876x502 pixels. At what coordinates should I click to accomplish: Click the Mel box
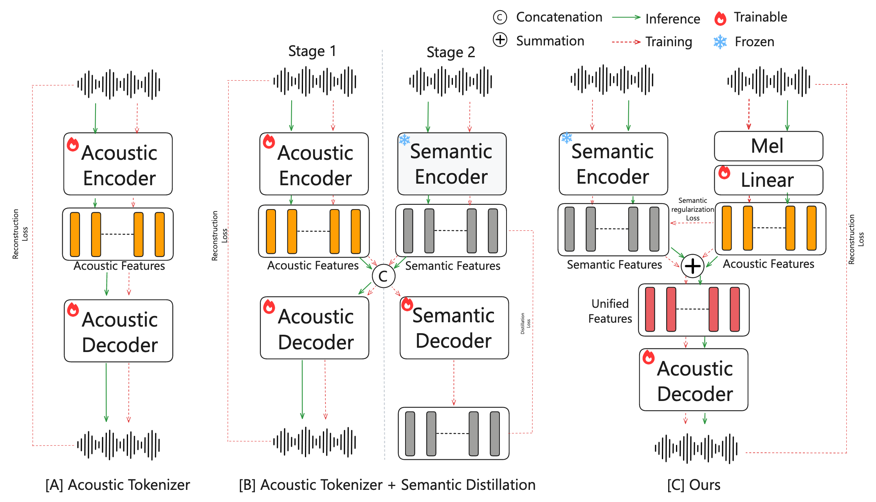[x=768, y=146]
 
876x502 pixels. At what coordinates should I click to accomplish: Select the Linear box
[x=768, y=180]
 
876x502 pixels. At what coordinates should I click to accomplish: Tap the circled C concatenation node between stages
[x=383, y=276]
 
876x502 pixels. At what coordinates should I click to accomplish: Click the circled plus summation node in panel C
[x=692, y=266]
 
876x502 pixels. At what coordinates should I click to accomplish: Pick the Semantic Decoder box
[x=454, y=328]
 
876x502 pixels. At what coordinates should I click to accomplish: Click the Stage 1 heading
[x=312, y=51]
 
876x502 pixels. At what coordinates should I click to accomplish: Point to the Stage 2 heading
[x=451, y=52]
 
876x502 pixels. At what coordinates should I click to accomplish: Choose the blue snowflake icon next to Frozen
[x=720, y=42]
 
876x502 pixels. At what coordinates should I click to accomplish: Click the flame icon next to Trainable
[x=720, y=18]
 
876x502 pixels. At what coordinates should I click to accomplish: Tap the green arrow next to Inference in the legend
[x=626, y=18]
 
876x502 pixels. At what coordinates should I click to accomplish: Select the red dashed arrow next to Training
[x=626, y=42]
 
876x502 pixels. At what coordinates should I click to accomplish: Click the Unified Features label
[x=610, y=311]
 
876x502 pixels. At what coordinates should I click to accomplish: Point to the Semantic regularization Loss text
[x=692, y=209]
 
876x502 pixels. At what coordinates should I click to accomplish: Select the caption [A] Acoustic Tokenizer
[x=117, y=485]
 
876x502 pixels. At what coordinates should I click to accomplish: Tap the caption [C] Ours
[x=694, y=485]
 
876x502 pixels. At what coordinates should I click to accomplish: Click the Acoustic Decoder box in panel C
[x=694, y=380]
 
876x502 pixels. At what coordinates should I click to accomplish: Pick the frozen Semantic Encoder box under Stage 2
[x=452, y=164]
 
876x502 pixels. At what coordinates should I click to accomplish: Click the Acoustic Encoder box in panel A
[x=118, y=164]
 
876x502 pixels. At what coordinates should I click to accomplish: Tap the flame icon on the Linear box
[x=724, y=172]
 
